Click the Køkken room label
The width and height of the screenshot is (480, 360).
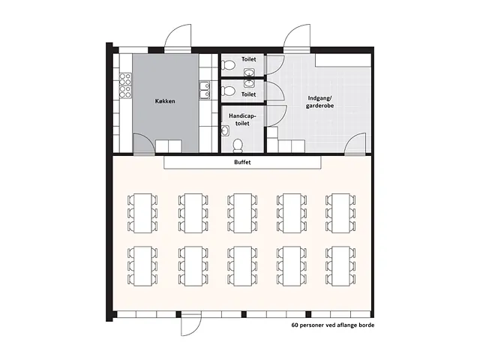(x=165, y=101)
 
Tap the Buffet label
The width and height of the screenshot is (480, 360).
(x=242, y=162)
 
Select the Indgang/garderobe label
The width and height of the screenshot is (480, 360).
(x=320, y=102)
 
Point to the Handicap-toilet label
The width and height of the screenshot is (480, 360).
(x=242, y=120)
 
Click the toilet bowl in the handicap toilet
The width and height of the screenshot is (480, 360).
(x=238, y=145)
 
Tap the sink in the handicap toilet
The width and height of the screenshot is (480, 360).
(x=225, y=130)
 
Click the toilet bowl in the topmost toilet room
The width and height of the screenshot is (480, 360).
(x=228, y=65)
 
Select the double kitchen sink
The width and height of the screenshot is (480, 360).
(x=205, y=90)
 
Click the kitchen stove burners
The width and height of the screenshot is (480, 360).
(x=125, y=85)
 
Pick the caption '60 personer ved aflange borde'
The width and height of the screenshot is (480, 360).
(x=333, y=325)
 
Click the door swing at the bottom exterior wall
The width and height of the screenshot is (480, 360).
(x=191, y=325)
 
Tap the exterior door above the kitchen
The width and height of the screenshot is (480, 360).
(x=178, y=37)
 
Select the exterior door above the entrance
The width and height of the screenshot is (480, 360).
(x=297, y=37)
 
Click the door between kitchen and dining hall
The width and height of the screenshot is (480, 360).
(x=144, y=144)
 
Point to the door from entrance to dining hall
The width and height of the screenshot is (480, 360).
(x=355, y=144)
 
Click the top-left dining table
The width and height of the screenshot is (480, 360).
(x=142, y=213)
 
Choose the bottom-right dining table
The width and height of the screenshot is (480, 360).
(x=340, y=266)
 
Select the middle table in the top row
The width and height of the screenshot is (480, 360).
(x=242, y=213)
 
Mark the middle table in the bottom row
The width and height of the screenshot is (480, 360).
(x=242, y=266)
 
